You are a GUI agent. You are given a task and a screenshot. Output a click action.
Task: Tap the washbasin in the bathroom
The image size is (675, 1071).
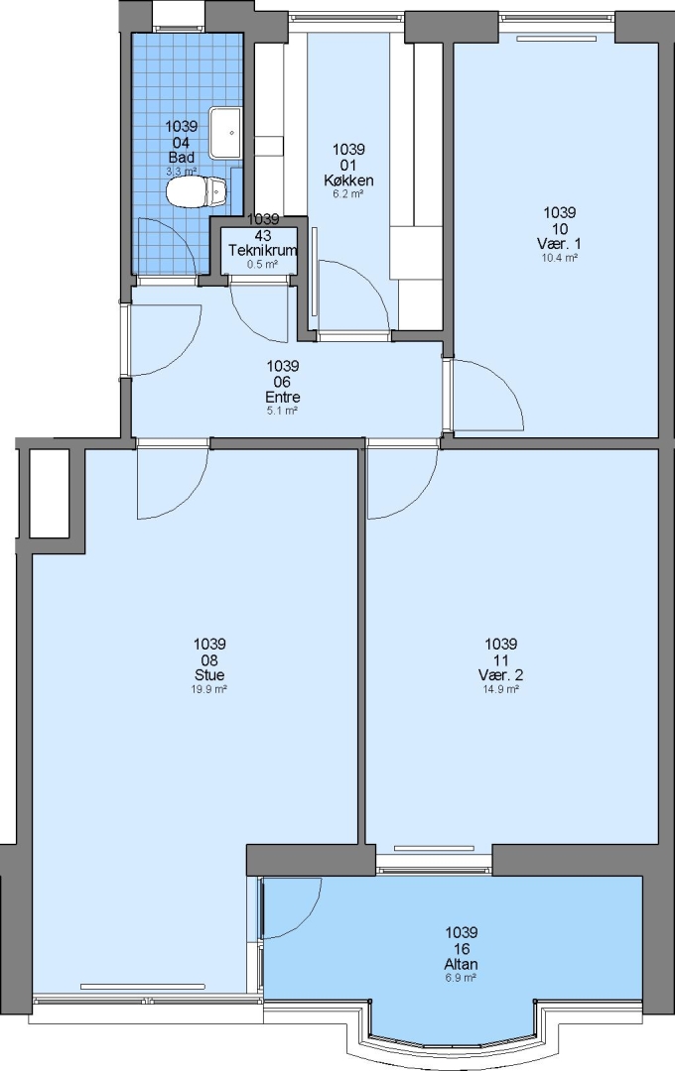(x=225, y=132)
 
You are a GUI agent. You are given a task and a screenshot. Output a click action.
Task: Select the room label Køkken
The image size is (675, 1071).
(x=348, y=180)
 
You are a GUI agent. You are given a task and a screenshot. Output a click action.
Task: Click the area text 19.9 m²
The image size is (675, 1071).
(x=209, y=689)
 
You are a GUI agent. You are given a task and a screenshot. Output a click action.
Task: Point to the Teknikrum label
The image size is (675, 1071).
(x=263, y=250)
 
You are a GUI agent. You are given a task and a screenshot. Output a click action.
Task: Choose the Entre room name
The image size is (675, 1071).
(x=283, y=397)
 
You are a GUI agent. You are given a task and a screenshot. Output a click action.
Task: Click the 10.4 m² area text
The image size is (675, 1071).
(x=560, y=258)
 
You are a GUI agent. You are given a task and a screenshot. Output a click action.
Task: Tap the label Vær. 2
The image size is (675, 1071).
(x=500, y=675)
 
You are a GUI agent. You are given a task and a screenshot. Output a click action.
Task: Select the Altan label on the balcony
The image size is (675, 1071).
(x=461, y=964)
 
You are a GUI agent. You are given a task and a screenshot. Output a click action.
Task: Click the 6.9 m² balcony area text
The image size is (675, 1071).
(x=461, y=978)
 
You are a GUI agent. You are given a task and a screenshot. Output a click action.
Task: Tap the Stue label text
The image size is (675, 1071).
(x=209, y=675)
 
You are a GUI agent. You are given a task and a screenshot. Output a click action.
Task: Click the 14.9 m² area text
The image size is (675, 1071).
(x=500, y=689)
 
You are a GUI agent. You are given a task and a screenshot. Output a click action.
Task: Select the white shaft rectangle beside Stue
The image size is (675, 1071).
(x=50, y=493)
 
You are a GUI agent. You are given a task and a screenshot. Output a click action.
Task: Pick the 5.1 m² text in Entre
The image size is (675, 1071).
(x=283, y=412)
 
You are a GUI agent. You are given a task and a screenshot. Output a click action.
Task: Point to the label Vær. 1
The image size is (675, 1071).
(x=560, y=244)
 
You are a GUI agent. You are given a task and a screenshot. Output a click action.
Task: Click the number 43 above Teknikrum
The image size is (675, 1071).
(x=263, y=235)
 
